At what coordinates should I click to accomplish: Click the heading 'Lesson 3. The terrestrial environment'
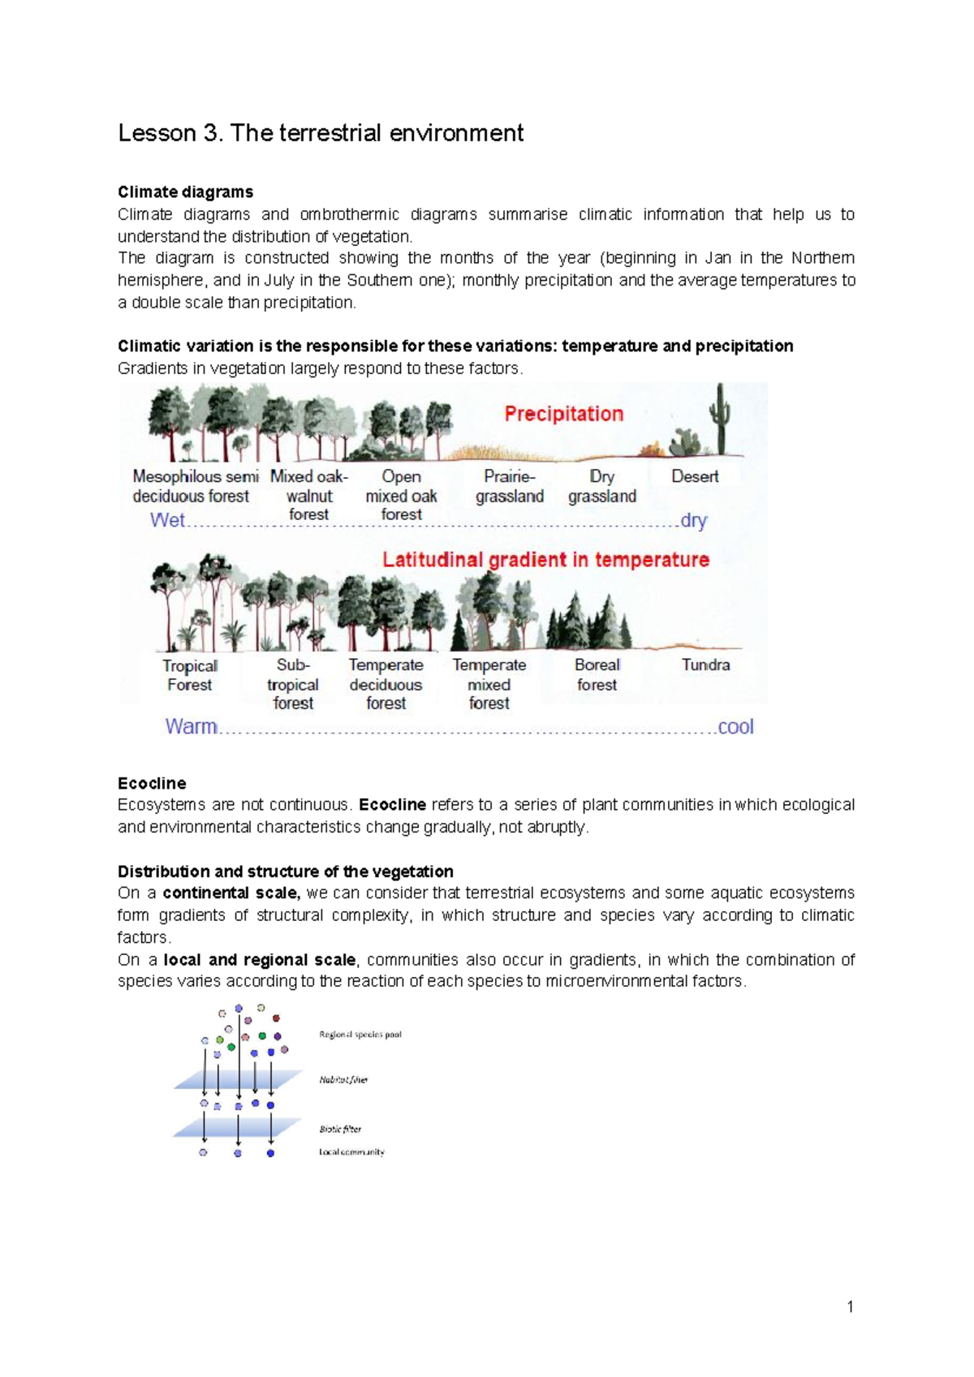tap(321, 133)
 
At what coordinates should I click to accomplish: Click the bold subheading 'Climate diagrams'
tap(185, 192)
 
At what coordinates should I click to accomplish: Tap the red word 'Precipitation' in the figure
tap(563, 414)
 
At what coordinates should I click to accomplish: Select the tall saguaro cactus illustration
tap(719, 417)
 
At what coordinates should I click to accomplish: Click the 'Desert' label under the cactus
tap(695, 476)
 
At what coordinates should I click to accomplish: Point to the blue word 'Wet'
tap(167, 520)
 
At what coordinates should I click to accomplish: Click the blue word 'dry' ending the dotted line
tap(693, 520)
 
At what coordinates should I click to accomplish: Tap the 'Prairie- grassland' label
tap(510, 486)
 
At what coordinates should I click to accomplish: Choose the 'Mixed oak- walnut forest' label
tap(308, 495)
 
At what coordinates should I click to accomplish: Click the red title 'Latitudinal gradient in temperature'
tap(545, 560)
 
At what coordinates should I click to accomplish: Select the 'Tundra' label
tap(705, 665)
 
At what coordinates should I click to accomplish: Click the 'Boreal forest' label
tap(597, 674)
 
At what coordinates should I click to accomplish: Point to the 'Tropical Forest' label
tap(189, 675)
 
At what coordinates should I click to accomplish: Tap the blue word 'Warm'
tap(191, 726)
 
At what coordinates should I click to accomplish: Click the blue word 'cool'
tap(735, 726)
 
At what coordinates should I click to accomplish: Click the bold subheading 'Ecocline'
tap(152, 783)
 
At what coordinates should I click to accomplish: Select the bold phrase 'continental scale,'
tap(231, 893)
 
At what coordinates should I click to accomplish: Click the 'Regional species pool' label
tap(360, 1035)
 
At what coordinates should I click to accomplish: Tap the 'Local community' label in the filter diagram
tap(351, 1152)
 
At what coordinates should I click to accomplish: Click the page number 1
tap(850, 1306)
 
